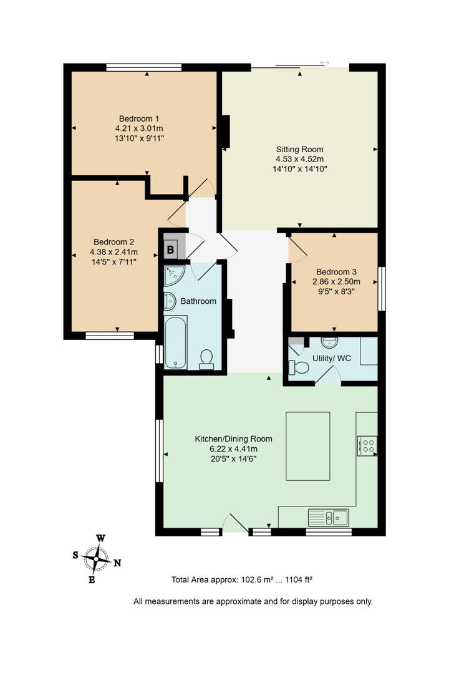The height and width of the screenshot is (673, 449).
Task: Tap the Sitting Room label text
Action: point(300,150)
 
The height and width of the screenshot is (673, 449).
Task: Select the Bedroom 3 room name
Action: point(336,272)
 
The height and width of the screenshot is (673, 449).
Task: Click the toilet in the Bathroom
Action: point(206,359)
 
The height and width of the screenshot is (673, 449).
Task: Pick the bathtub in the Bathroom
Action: point(176,342)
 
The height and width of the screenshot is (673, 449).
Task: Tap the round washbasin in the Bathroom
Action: point(170,301)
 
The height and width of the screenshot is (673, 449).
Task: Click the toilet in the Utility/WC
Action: point(299,367)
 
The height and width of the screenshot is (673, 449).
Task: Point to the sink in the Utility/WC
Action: point(329,342)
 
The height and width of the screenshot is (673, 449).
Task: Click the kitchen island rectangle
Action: point(307,446)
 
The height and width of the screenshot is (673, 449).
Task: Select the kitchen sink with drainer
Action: point(329,517)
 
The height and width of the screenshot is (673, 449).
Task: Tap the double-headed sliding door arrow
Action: point(324,62)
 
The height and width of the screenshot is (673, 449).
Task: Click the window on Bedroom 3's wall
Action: point(382,288)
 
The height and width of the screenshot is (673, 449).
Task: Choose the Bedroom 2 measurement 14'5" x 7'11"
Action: point(113,261)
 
